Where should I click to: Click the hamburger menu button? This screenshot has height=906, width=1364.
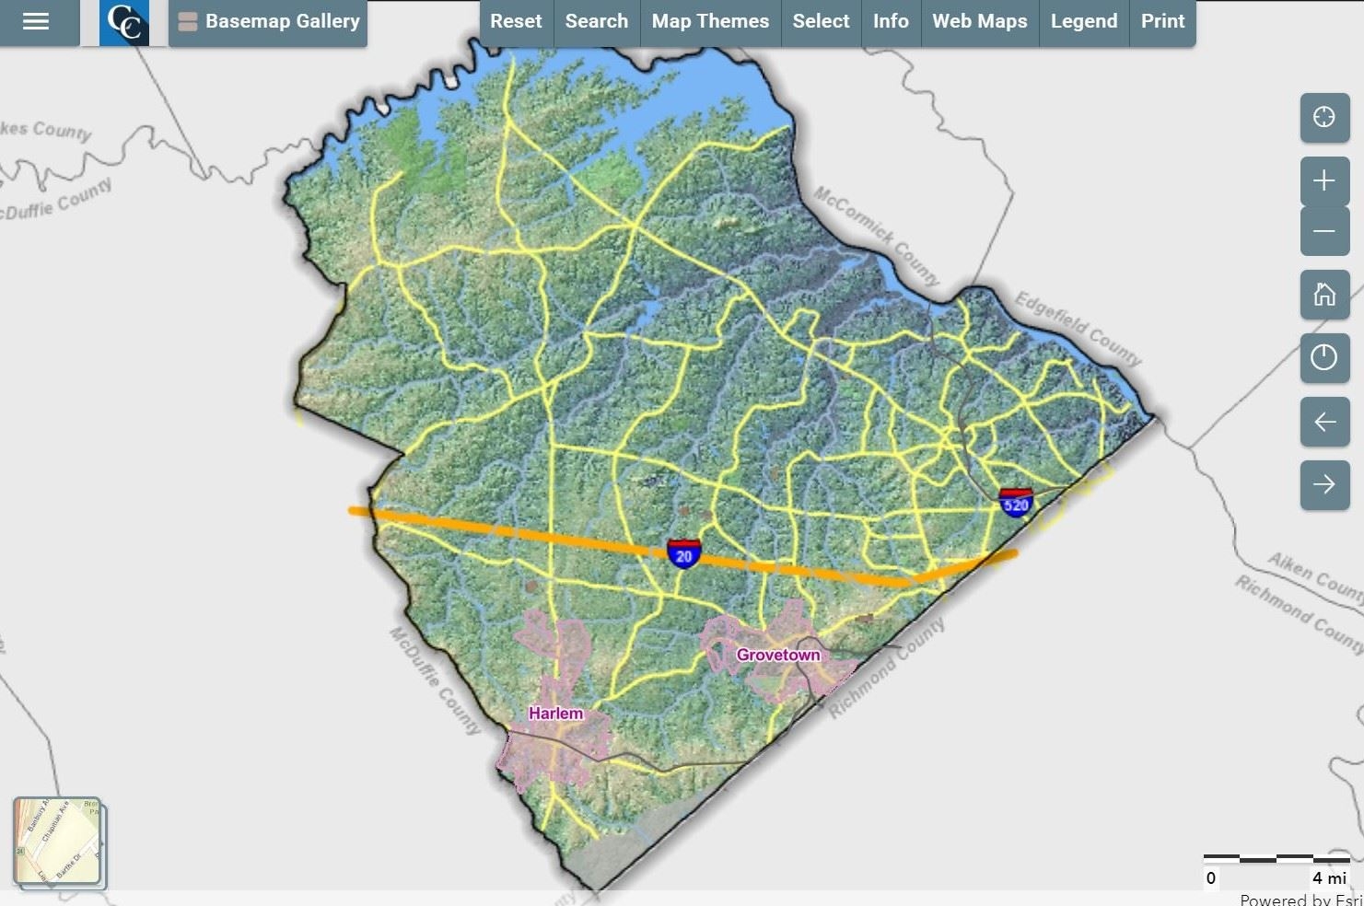[x=36, y=21]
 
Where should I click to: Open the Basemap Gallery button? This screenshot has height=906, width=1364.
[x=268, y=21]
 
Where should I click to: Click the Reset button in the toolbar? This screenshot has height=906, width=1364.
[x=516, y=21]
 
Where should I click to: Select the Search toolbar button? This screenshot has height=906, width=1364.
[x=596, y=21]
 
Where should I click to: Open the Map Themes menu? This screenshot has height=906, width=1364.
[x=710, y=21]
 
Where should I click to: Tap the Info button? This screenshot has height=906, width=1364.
[x=891, y=21]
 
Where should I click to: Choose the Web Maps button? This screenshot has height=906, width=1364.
[x=979, y=21]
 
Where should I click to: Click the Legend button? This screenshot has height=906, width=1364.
[x=1083, y=21]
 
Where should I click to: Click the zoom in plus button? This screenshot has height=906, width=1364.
[x=1323, y=180]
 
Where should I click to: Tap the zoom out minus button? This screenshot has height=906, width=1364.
[x=1323, y=231]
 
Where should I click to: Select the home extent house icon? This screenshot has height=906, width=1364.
[x=1323, y=295]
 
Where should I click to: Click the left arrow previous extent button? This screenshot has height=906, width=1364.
[x=1323, y=422]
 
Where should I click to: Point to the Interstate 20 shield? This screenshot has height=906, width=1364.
[x=683, y=554]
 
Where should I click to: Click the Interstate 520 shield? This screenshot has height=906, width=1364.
[x=1015, y=503]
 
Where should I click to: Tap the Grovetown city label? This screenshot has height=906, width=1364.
[x=777, y=655]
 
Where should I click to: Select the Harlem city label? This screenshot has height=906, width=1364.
[x=555, y=714]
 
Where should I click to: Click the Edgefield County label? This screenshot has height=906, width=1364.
[x=1078, y=328]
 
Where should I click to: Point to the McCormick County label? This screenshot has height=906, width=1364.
[x=876, y=236]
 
